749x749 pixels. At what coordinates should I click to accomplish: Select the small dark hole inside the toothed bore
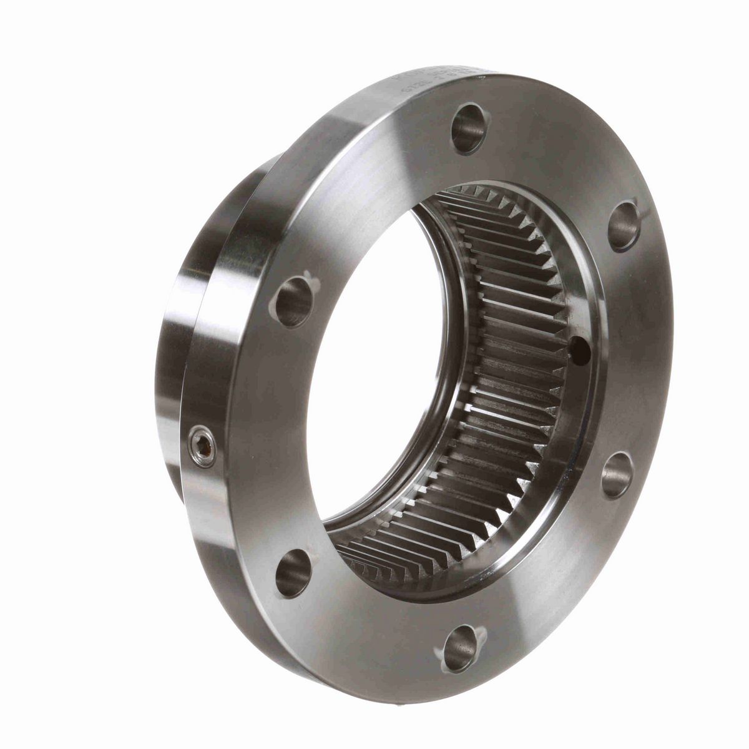(580, 350)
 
